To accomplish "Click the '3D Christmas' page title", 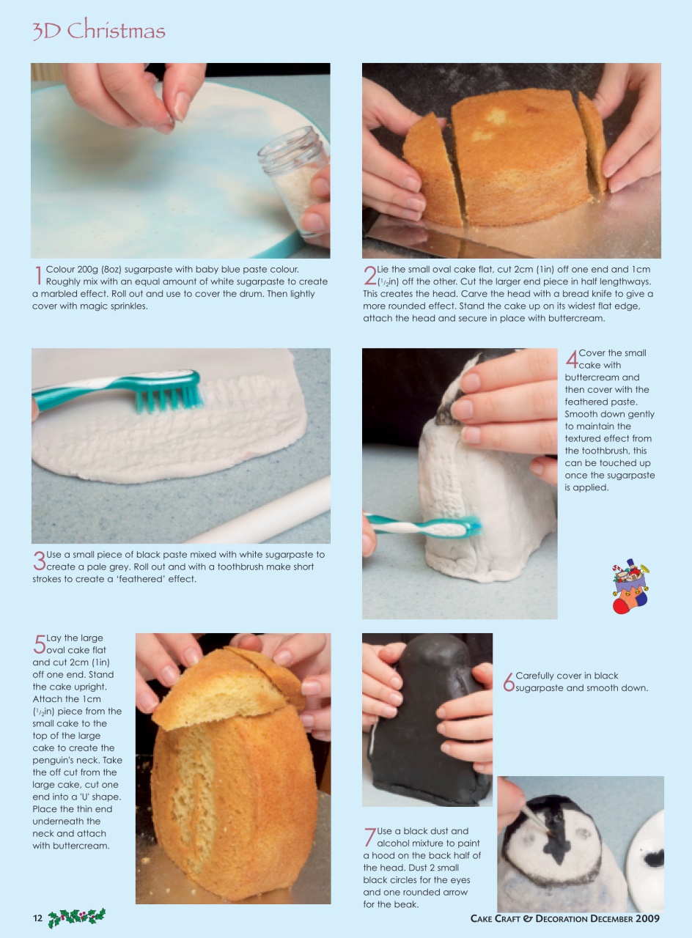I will tap(99, 31).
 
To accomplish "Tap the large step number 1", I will tap(38, 276).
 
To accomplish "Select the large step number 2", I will tap(369, 276).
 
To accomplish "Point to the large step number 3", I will tap(38, 561).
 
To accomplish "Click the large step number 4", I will tap(572, 359).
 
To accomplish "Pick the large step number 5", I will tap(39, 644).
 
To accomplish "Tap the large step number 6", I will tap(508, 682).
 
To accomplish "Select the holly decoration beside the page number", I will tap(77, 917).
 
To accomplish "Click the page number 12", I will tap(38, 918).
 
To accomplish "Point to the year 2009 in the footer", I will tap(647, 918).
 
